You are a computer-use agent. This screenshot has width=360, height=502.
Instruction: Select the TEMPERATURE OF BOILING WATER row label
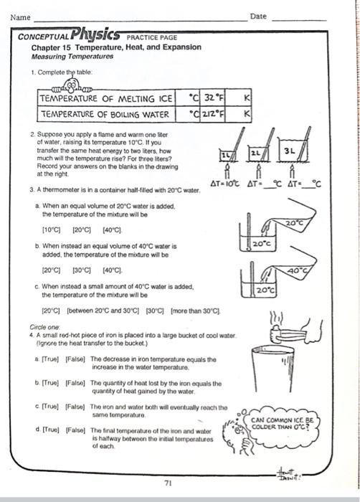[x=106, y=113]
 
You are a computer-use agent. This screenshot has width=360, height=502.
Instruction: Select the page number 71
[x=167, y=482]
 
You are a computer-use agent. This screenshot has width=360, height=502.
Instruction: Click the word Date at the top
[x=258, y=16]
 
